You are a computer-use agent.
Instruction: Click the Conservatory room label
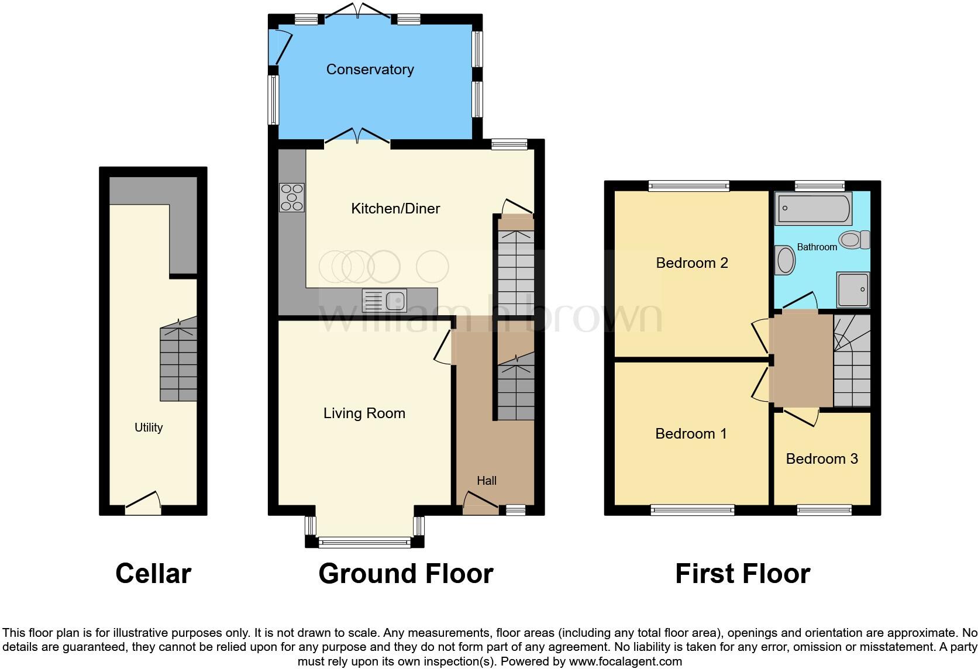[370, 70]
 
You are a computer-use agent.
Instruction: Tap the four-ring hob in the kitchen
[292, 198]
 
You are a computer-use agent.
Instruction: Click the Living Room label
[364, 413]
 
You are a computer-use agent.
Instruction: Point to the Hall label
[486, 481]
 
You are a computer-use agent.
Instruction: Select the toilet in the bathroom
[854, 240]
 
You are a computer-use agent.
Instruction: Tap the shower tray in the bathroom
[853, 289]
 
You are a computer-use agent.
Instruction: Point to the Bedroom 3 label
[821, 459]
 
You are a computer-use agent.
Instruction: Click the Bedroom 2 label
[691, 263]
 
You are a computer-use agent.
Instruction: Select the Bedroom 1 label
[690, 434]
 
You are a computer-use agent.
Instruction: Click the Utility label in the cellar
[149, 427]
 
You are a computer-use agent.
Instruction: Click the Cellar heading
[153, 574]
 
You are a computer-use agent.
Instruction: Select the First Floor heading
[742, 574]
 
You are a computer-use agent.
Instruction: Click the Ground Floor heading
[405, 574]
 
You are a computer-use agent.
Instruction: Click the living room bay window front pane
[365, 543]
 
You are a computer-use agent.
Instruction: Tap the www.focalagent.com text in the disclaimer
[625, 662]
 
